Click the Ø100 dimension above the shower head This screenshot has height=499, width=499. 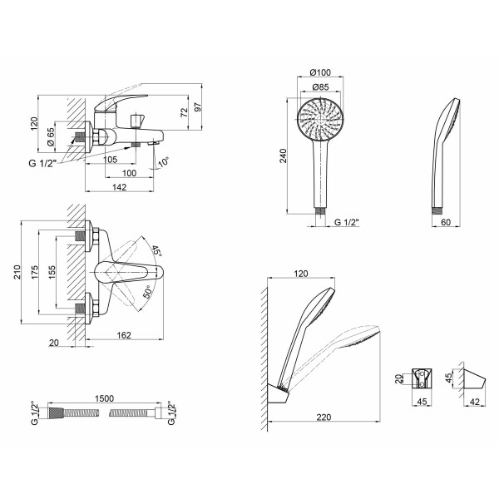[x=320, y=72]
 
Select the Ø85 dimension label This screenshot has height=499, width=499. [x=320, y=86]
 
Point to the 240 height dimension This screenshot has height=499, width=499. [x=283, y=156]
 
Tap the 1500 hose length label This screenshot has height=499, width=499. [x=105, y=398]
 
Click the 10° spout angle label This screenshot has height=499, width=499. [x=163, y=161]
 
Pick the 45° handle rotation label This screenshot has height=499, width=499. [x=156, y=251]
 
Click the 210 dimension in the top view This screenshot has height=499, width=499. [x=17, y=272]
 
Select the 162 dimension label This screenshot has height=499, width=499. [x=124, y=335]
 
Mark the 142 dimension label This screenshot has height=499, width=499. [x=119, y=187]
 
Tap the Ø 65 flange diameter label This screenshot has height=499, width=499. [x=51, y=137]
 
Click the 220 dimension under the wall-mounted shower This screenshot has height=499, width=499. [x=324, y=417]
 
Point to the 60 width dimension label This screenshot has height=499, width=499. [x=446, y=222]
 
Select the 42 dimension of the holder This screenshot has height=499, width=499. [x=475, y=402]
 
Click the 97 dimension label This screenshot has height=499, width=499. [x=198, y=107]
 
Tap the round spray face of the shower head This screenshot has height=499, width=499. [x=320, y=120]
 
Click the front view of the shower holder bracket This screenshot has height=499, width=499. [x=422, y=378]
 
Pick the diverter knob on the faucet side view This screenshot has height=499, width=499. [x=138, y=120]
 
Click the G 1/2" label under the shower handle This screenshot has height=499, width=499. [x=347, y=222]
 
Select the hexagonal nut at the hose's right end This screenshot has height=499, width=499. [x=158, y=413]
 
